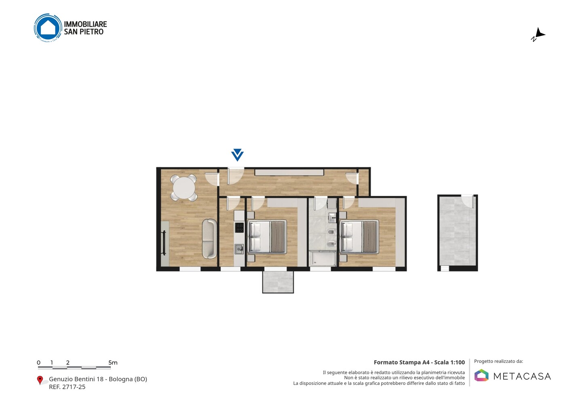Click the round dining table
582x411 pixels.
click(x=184, y=188)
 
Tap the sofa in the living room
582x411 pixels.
click(x=209, y=239)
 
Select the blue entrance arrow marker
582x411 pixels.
click(x=237, y=155)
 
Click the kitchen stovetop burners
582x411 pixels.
click(x=239, y=228)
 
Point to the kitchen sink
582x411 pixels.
click(x=239, y=249)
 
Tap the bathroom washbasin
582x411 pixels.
click(x=333, y=218)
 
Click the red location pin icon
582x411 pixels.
click(x=40, y=380)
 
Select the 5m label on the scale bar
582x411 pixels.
click(x=113, y=363)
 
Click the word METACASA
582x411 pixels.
click(x=522, y=376)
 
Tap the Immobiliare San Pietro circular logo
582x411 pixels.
click(x=48, y=27)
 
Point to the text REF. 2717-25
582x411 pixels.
click(x=67, y=387)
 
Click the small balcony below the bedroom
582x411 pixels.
click(x=278, y=282)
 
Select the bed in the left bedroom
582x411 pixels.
click(x=267, y=237)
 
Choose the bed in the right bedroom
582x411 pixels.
click(x=359, y=237)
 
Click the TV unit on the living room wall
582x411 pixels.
click(x=165, y=243)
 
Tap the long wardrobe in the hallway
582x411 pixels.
click(x=289, y=172)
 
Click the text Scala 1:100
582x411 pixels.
click(x=449, y=362)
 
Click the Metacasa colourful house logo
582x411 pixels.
click(x=481, y=375)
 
